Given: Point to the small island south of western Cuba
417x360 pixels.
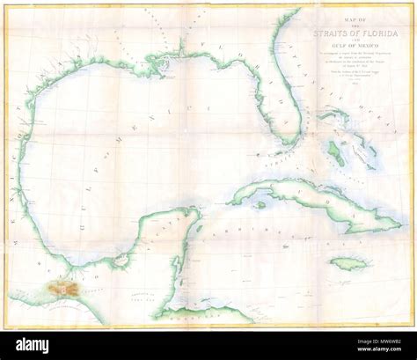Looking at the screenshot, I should (258, 203).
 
